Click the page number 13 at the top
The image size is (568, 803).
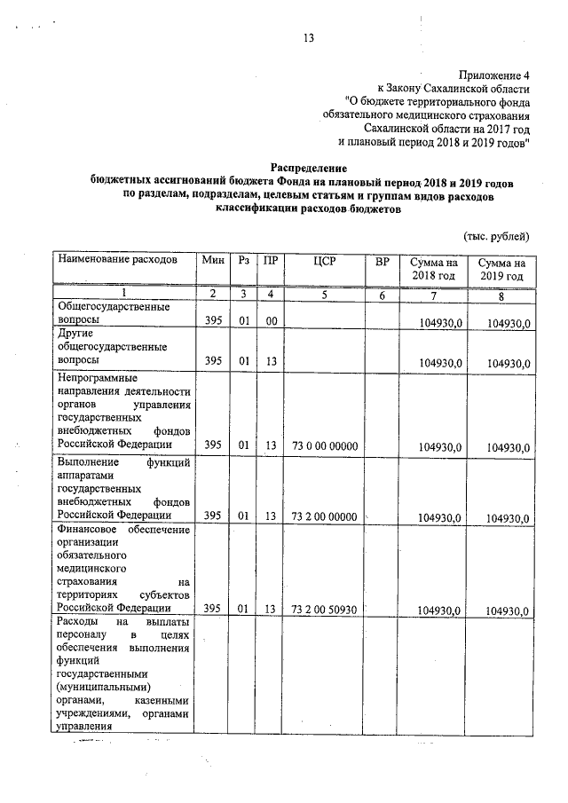310,38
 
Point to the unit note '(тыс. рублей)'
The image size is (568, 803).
497,235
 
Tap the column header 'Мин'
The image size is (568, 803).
212,260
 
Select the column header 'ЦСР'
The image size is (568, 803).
323,260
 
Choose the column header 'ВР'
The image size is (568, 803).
382,260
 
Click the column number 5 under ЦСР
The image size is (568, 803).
323,294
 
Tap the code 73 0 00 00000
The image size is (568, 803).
323,445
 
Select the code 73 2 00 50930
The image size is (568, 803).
323,609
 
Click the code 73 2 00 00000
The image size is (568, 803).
323,516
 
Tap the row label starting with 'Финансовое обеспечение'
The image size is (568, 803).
123,568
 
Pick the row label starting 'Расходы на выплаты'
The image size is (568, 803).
123,674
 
